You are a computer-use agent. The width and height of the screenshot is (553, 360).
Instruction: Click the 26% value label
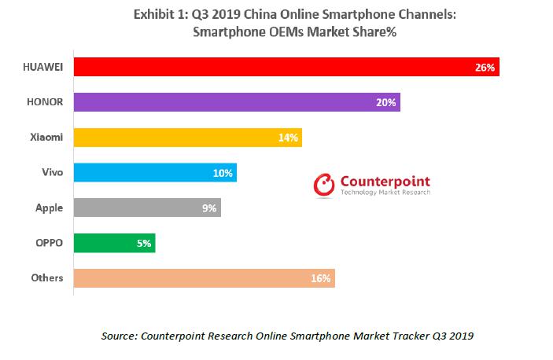point(485,68)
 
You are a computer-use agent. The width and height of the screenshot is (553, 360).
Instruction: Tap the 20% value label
point(386,102)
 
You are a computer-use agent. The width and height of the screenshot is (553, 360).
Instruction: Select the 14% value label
point(288,138)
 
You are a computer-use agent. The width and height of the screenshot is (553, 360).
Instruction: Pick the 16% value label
point(321,277)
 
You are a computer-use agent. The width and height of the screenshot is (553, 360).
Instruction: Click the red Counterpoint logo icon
point(324,185)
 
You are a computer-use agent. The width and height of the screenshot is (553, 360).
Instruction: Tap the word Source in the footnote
point(119,336)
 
